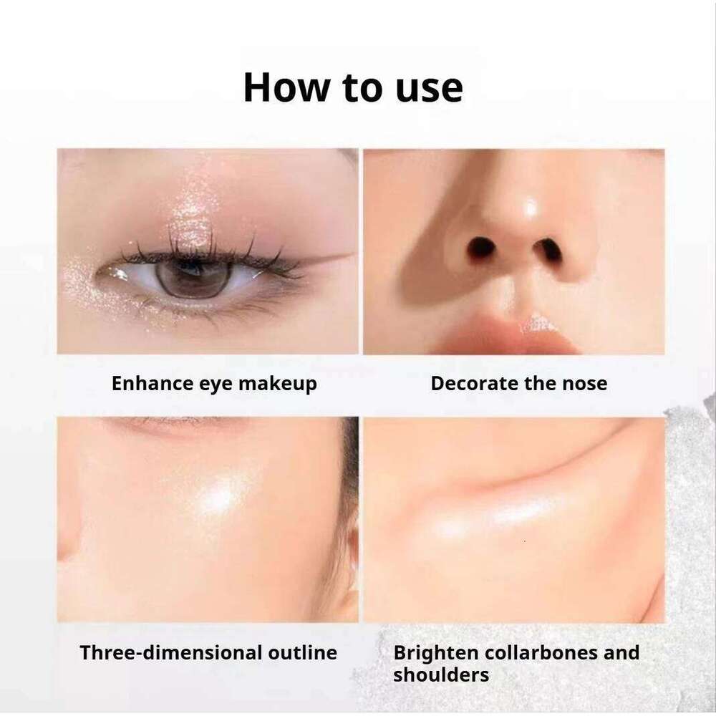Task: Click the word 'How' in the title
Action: [x=286, y=87]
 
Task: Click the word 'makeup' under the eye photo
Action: [x=277, y=383]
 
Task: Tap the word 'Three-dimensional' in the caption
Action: [x=170, y=652]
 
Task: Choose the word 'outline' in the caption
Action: [x=303, y=652]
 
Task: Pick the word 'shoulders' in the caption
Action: [x=441, y=675]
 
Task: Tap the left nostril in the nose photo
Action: [x=481, y=248]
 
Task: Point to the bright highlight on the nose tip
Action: [x=530, y=208]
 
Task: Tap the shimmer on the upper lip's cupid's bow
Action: [x=539, y=324]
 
